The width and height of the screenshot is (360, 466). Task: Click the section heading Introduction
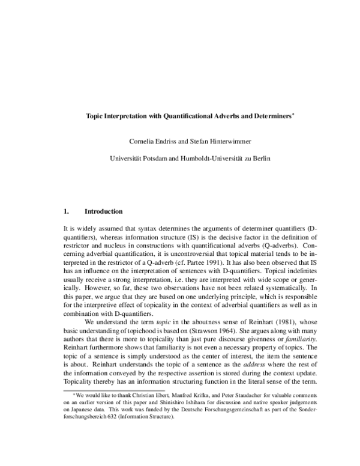tap(104, 211)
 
